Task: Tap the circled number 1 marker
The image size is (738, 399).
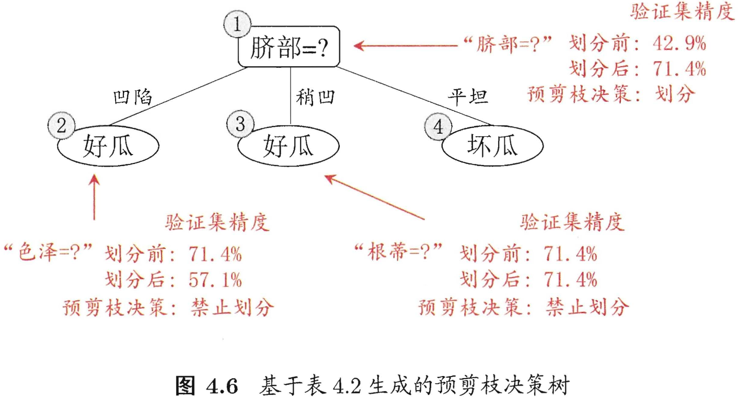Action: tap(237, 25)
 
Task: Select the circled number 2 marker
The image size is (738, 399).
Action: tap(61, 126)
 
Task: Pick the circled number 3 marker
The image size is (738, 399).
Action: tap(240, 124)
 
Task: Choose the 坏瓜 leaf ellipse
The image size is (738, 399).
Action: tap(492, 147)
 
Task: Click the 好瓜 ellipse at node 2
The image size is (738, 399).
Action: tap(108, 147)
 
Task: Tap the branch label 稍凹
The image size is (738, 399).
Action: tap(315, 97)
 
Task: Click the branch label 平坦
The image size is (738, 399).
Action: tap(468, 97)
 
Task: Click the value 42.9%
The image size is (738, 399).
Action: tap(679, 44)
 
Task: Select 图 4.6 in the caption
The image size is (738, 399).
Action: tap(207, 386)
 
